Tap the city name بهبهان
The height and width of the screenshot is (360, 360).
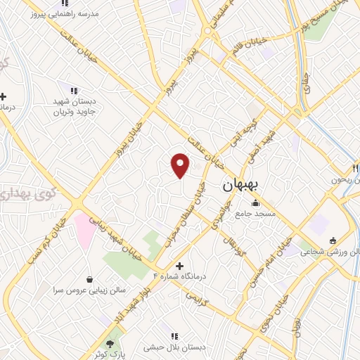tap(241, 186)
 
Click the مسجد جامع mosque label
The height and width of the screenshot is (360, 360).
tap(257, 213)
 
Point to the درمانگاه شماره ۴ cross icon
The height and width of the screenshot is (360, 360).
tap(179, 266)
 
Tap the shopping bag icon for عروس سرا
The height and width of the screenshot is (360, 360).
tap(89, 279)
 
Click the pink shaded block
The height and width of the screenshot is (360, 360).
tap(86, 229)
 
